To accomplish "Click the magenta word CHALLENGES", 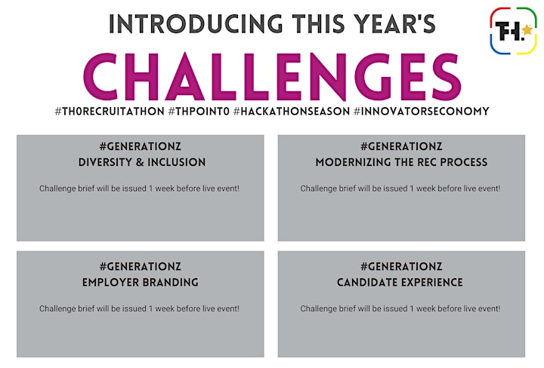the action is coord(272,77).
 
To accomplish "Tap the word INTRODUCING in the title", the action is coord(196,24).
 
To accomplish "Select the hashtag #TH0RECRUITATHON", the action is coord(110,112).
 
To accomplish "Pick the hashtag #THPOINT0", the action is coord(199,112).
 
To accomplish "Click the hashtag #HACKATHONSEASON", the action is coord(292,112).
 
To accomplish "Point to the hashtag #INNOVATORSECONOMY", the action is coord(422,112).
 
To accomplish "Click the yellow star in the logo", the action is coord(527,29).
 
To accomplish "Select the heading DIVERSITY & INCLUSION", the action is coord(142,162).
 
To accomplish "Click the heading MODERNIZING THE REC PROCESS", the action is coord(401,162).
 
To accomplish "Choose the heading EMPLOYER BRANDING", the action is coord(141,283).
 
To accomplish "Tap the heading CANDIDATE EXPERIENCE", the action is coord(400,283).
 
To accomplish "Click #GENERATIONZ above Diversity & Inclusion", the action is coord(141,146).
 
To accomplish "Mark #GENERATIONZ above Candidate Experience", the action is coord(401,266).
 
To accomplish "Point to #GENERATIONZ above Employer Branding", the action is coord(141,266).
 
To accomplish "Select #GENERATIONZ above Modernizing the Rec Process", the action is coord(401,146).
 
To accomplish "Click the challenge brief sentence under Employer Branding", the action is coord(139,308).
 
